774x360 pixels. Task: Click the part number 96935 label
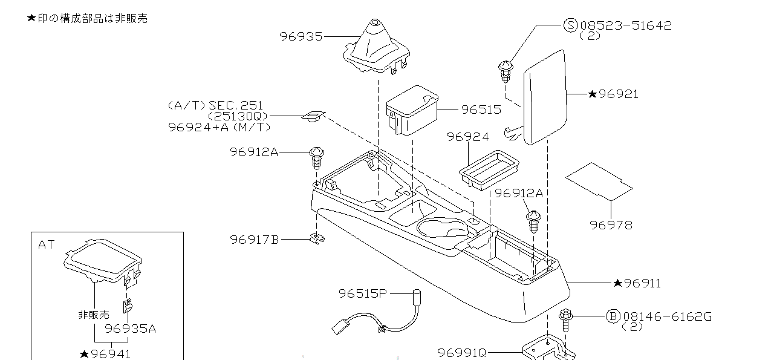301,36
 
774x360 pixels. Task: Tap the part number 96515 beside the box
481,110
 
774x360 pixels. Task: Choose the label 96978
611,225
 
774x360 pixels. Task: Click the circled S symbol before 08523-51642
571,25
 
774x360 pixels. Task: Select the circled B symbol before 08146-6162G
613,316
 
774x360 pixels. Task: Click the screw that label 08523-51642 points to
506,70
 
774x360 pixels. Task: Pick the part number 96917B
254,240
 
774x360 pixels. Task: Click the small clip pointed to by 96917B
315,238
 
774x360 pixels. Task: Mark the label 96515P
362,293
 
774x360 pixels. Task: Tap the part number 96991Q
462,352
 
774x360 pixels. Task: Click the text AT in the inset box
47,245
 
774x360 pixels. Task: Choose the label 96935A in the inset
131,329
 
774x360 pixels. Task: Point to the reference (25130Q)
238,116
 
